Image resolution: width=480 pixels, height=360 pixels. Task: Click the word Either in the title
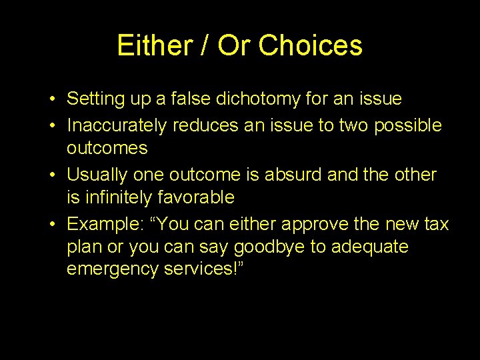[151, 45]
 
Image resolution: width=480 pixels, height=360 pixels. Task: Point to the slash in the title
[201, 45]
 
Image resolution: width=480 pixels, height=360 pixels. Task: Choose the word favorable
[199, 197]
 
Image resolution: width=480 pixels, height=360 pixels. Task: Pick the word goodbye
[275, 247]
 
